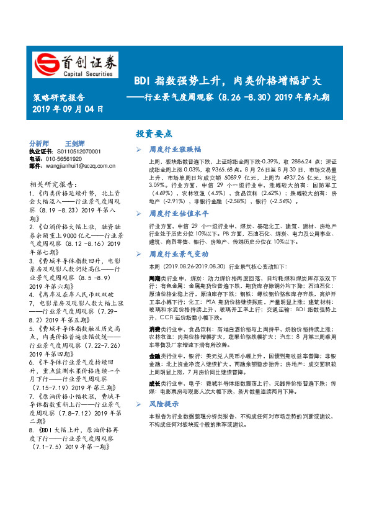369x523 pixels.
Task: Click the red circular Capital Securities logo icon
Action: click(45, 64)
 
